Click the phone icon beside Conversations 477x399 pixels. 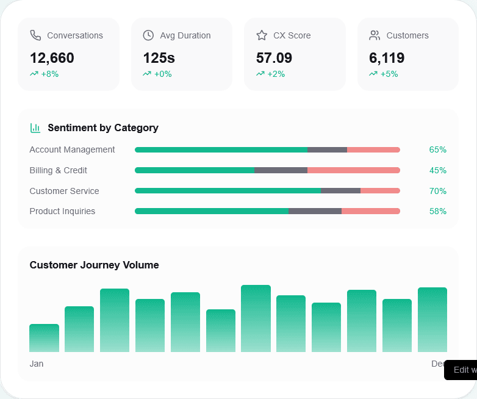tap(35, 35)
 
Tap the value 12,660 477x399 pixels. tap(52, 58)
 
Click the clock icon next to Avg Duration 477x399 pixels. tap(148, 35)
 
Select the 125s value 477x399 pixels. tap(159, 58)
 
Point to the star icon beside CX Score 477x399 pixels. tap(262, 35)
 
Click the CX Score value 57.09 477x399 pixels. tap(274, 58)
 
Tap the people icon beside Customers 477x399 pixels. tap(375, 35)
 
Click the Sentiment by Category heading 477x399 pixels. tap(103, 128)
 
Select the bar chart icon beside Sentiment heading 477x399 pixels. tap(35, 128)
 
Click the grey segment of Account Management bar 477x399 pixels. tap(327, 149)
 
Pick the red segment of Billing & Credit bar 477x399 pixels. tap(353, 170)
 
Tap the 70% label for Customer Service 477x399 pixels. tap(437, 191)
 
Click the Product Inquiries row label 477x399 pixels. tap(62, 211)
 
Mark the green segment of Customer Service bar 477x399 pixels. tap(228, 191)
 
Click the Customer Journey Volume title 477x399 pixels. tap(94, 265)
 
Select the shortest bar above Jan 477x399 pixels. tap(44, 338)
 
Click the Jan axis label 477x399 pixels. tap(37, 364)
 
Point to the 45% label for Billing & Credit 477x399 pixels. tap(437, 170)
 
